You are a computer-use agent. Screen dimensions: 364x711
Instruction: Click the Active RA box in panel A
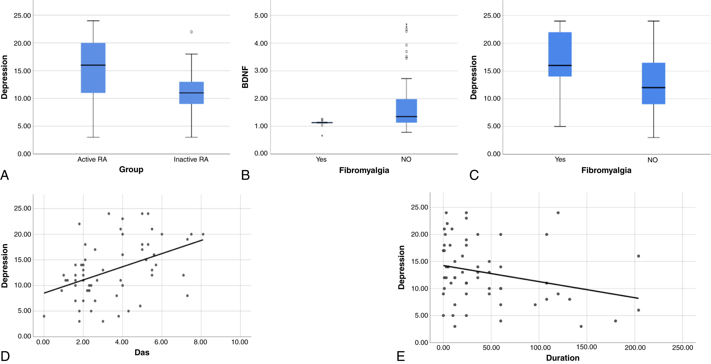(93, 68)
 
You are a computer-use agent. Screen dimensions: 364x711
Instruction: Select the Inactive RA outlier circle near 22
(191, 32)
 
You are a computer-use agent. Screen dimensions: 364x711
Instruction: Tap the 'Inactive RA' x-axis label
(191, 159)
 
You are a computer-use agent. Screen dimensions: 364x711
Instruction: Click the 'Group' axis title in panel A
(131, 169)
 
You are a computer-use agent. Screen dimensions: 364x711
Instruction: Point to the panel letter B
(245, 175)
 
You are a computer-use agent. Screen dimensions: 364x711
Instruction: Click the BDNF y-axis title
(245, 77)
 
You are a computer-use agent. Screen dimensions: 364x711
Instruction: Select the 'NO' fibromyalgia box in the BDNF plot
(406, 111)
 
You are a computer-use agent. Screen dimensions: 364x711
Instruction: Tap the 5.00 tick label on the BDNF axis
(261, 15)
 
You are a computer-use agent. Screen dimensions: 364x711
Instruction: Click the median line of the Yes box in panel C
(560, 65)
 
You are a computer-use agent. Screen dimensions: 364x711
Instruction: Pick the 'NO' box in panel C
(653, 83)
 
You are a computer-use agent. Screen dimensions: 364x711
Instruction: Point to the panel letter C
(474, 175)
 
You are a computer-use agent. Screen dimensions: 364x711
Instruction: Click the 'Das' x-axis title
(142, 352)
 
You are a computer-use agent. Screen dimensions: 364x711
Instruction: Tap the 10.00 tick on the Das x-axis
(240, 342)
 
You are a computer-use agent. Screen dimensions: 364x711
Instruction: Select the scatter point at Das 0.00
(44, 316)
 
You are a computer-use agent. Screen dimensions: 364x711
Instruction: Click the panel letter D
(5, 356)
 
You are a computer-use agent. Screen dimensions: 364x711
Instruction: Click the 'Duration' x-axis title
(562, 358)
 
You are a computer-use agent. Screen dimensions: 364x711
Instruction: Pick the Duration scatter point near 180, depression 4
(615, 321)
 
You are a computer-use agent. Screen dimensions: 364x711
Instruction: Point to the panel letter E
(400, 357)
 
